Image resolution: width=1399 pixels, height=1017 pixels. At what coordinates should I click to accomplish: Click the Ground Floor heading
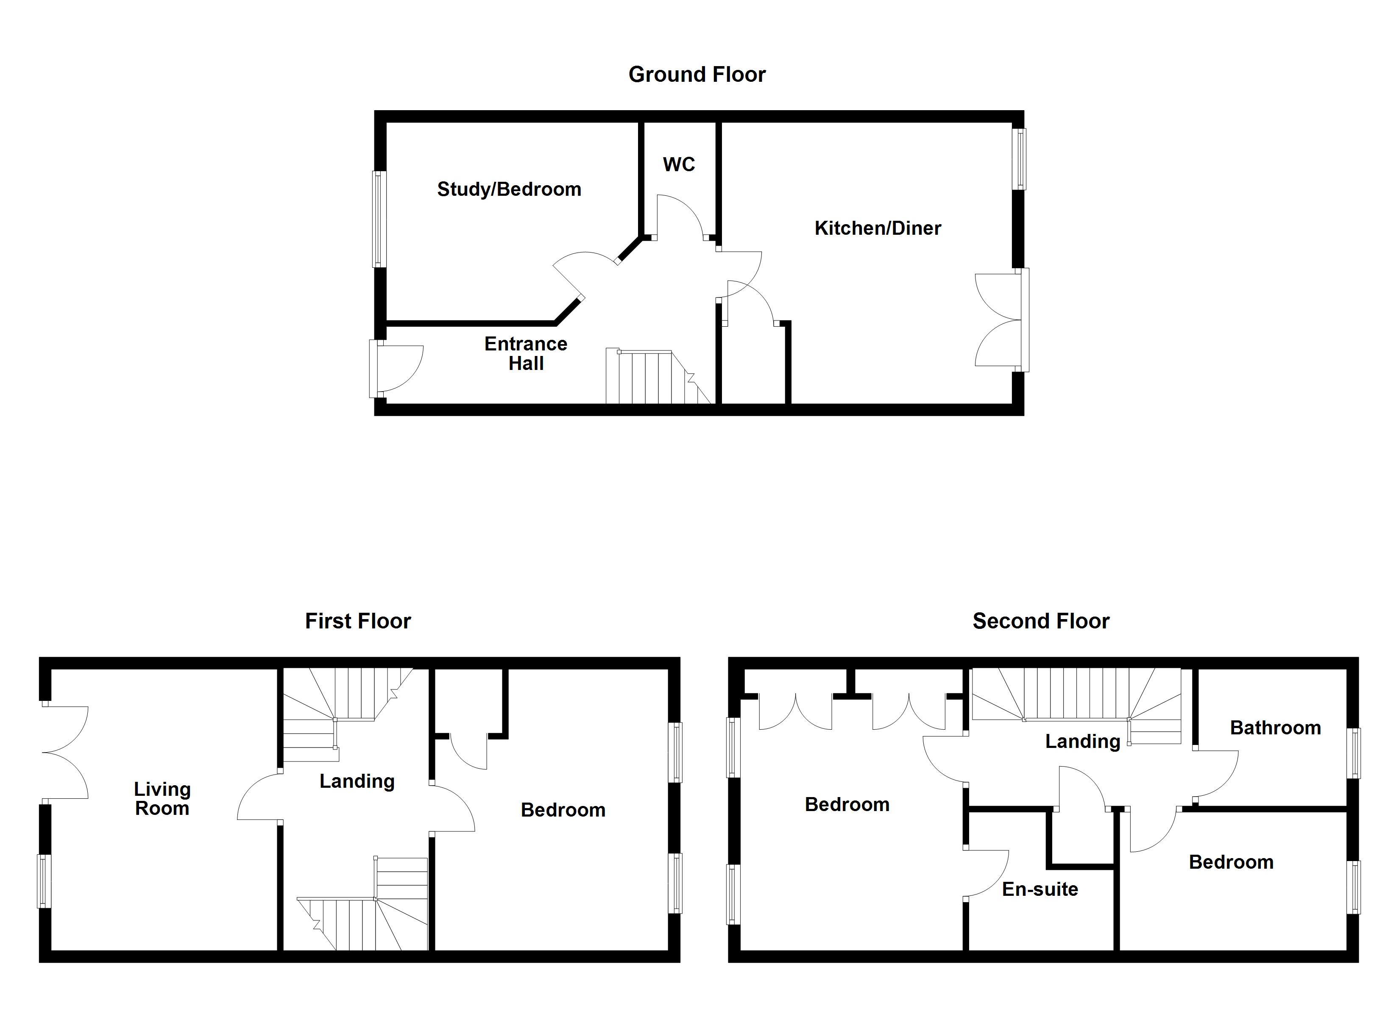click(x=697, y=75)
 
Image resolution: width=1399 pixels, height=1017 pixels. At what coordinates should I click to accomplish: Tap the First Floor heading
click(x=358, y=621)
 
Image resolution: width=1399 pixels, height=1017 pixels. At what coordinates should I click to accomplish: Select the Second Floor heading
click(x=1041, y=621)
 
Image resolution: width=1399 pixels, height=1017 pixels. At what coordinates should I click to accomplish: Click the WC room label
click(x=679, y=165)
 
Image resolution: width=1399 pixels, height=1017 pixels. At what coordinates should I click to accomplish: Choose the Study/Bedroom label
click(x=509, y=189)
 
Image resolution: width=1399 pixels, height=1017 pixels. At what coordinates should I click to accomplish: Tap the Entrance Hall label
click(x=526, y=353)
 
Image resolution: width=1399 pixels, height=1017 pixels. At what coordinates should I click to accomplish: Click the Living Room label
click(x=162, y=799)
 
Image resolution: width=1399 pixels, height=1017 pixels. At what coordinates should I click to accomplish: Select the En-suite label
click(x=1040, y=889)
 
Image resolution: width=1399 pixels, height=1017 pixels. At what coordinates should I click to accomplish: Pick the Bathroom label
click(x=1275, y=728)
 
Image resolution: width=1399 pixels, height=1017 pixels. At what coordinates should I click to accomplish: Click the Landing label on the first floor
click(x=357, y=781)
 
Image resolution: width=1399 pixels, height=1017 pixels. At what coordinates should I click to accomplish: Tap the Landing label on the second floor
click(x=1083, y=741)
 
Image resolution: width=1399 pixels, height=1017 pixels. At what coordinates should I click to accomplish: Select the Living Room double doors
click(x=65, y=753)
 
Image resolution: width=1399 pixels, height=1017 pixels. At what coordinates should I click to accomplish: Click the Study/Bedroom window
click(x=379, y=219)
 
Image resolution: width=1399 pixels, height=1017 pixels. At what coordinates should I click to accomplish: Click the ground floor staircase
click(x=657, y=378)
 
